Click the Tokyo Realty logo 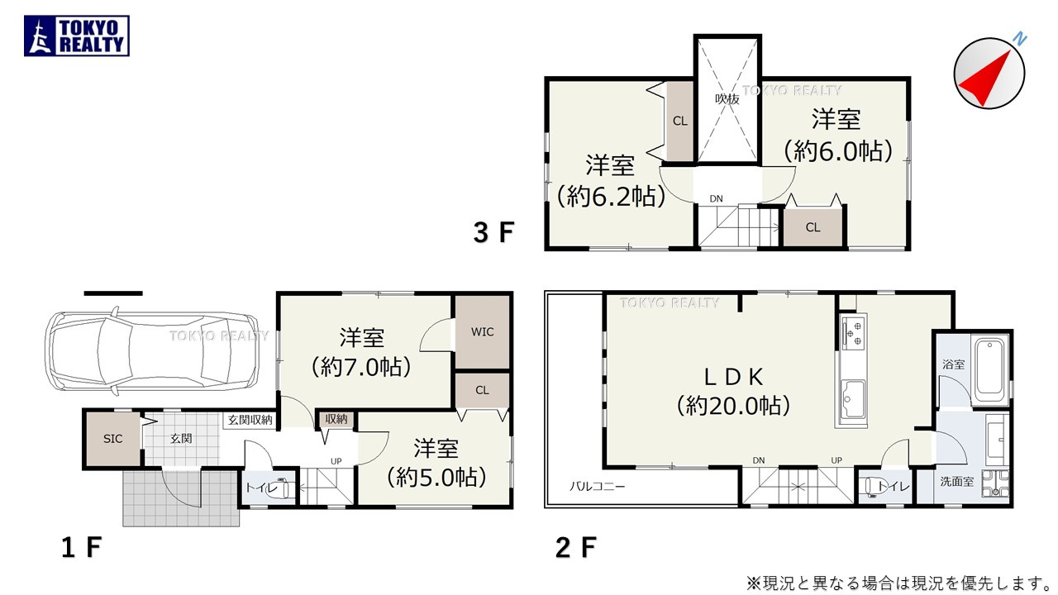[x=77, y=36]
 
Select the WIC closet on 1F [x=483, y=332]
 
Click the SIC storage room [x=113, y=439]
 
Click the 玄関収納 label [x=250, y=420]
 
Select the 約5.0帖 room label [x=436, y=477]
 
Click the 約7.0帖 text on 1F [x=362, y=366]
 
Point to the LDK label [x=733, y=377]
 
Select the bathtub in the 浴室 [x=989, y=368]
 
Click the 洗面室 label [x=956, y=481]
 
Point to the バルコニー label [x=596, y=487]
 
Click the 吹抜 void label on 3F [x=726, y=98]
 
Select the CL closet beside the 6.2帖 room [x=680, y=121]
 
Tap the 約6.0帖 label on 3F [x=838, y=150]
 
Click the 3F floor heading [x=493, y=233]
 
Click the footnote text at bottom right [x=898, y=583]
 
